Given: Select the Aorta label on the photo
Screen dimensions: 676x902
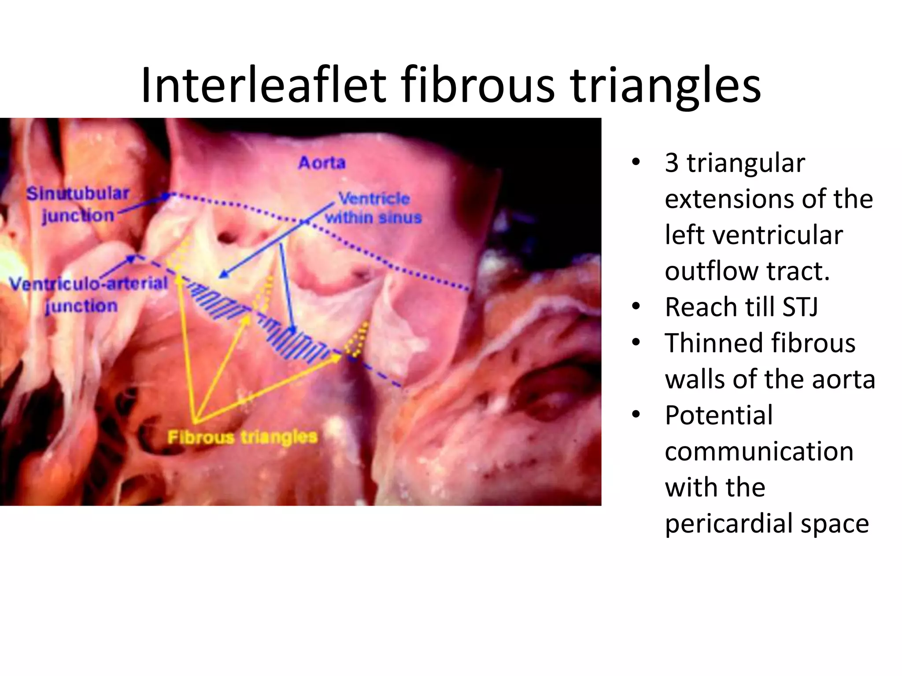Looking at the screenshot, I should click(322, 163).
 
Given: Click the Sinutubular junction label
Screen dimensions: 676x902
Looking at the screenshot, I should click(78, 205).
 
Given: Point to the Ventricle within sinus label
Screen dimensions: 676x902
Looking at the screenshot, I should click(373, 208).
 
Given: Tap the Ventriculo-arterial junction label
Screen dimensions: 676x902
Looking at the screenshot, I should click(88, 294).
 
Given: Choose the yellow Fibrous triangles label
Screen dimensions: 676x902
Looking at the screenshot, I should click(243, 437).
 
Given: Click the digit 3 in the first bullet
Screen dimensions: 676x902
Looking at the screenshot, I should click(672, 163).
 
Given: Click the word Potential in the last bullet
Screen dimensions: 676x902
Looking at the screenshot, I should click(719, 415).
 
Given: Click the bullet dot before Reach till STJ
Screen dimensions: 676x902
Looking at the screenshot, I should click(636, 306).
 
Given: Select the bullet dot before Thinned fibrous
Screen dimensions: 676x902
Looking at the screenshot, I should click(636, 342).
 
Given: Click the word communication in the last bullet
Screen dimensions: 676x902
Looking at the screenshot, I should click(759, 452).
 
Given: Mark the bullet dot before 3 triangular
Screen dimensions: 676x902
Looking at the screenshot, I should click(636, 162).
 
